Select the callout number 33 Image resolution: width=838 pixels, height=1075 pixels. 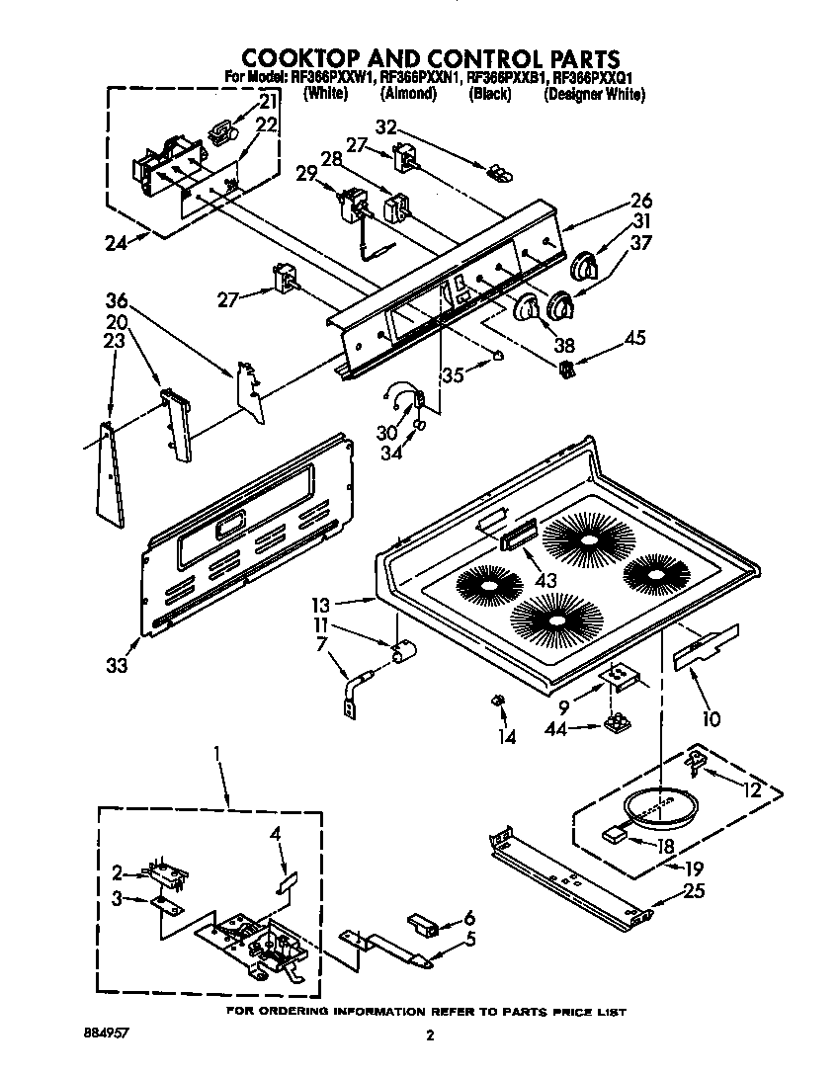(117, 666)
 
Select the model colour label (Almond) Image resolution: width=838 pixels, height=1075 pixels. (407, 94)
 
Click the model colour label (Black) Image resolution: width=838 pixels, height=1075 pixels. (489, 94)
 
